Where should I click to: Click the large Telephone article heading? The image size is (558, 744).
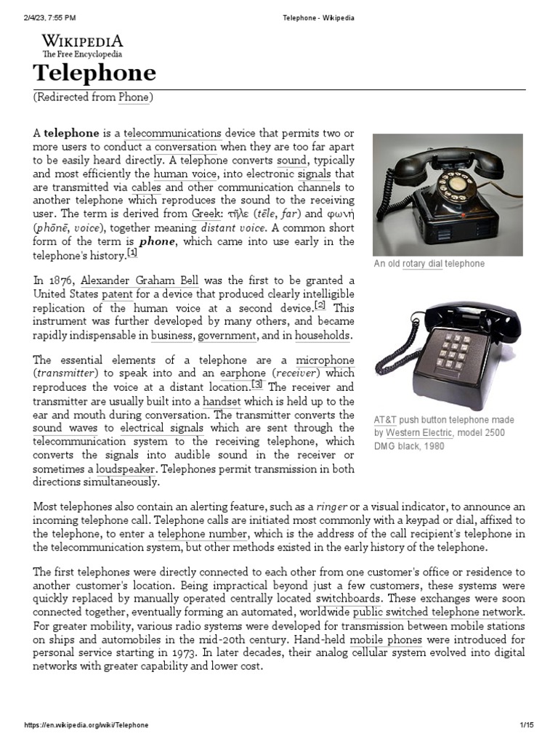click(x=94, y=73)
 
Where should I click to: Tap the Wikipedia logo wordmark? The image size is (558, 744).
click(x=82, y=41)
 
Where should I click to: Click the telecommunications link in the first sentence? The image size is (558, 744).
click(x=173, y=134)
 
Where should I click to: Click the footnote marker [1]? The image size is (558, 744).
click(x=132, y=253)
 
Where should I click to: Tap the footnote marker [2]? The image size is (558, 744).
click(x=320, y=305)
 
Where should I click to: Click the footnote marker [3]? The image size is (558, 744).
click(x=257, y=384)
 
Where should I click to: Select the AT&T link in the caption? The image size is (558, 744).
click(x=386, y=420)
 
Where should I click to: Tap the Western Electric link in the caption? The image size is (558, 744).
click(x=422, y=433)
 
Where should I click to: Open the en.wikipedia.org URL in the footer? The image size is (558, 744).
click(x=86, y=725)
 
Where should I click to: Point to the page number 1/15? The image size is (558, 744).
click(x=526, y=725)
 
